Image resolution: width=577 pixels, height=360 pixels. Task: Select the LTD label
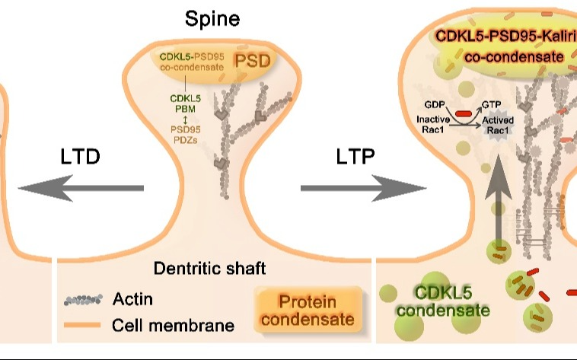81,158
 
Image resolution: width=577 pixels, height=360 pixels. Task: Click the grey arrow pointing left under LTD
81,188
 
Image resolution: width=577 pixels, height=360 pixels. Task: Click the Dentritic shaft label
209,268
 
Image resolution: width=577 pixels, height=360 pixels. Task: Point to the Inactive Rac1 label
433,124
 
